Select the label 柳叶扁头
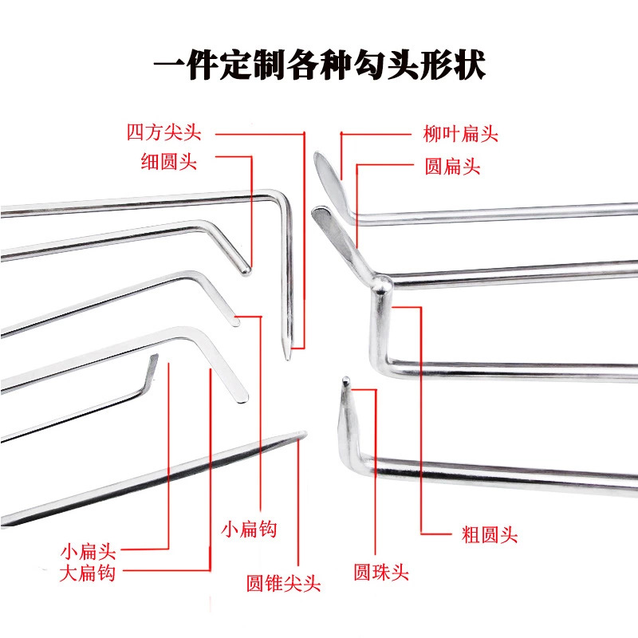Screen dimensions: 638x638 coord(460,133)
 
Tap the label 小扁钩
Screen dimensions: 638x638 coord(249,529)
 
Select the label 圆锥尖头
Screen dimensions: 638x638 coord(283,584)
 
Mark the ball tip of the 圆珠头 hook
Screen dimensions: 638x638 coord(345,382)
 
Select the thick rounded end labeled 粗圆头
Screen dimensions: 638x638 coord(382,282)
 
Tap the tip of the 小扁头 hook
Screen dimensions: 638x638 coord(154,359)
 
